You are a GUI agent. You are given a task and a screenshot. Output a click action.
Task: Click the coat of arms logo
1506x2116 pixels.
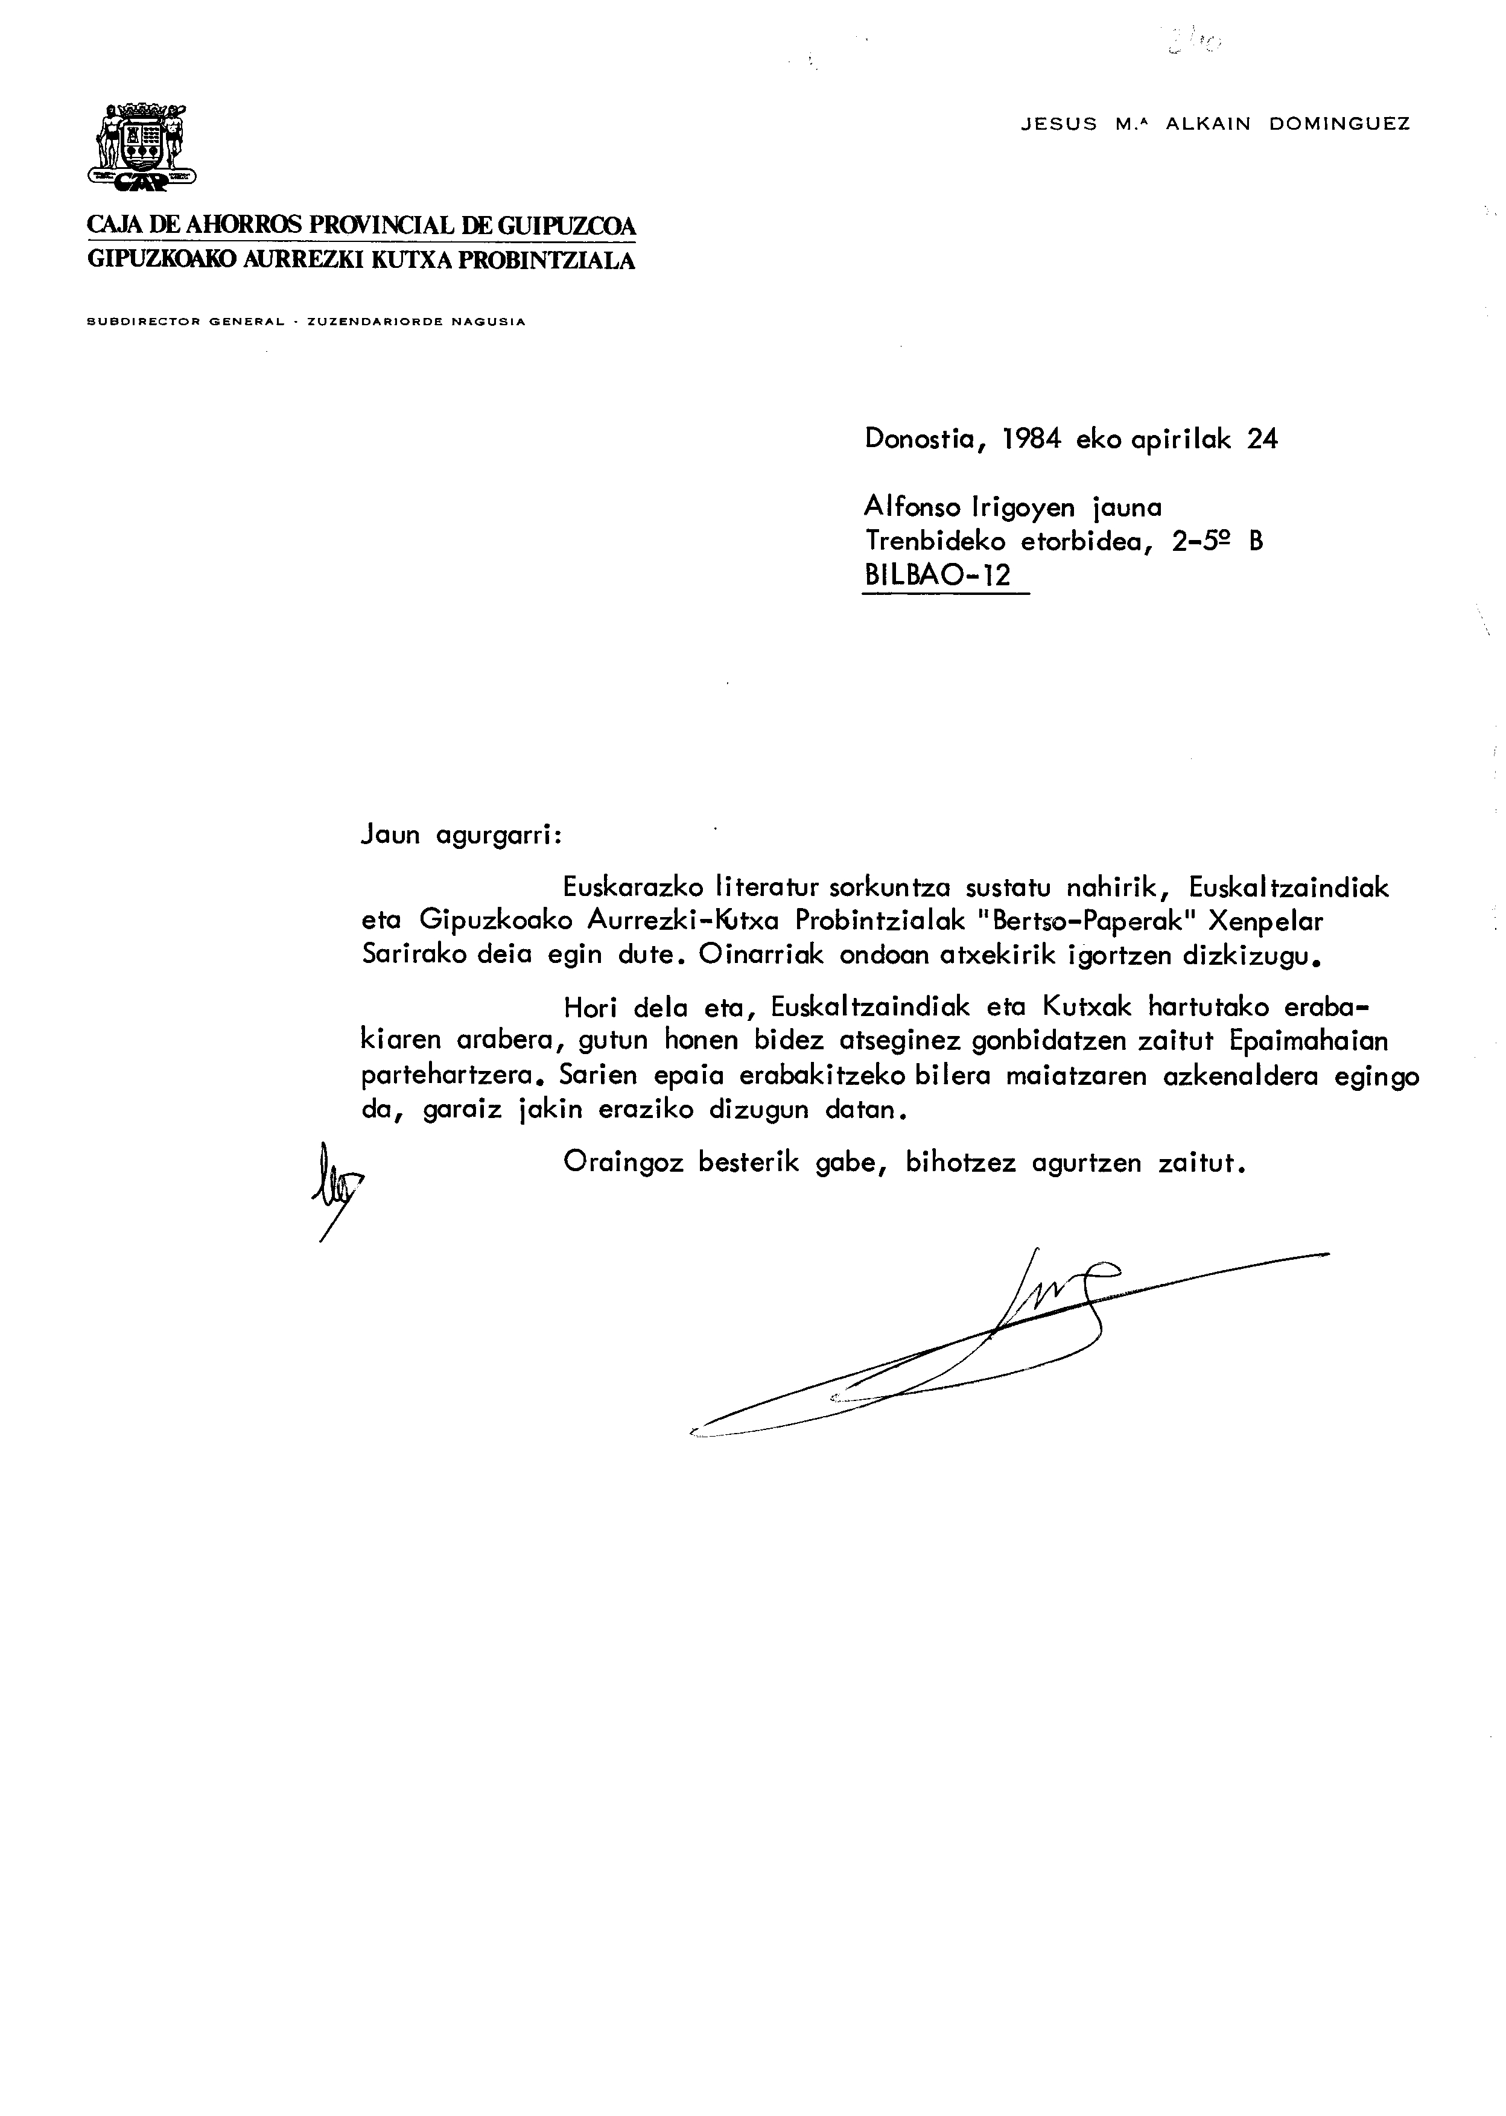click(x=142, y=148)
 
